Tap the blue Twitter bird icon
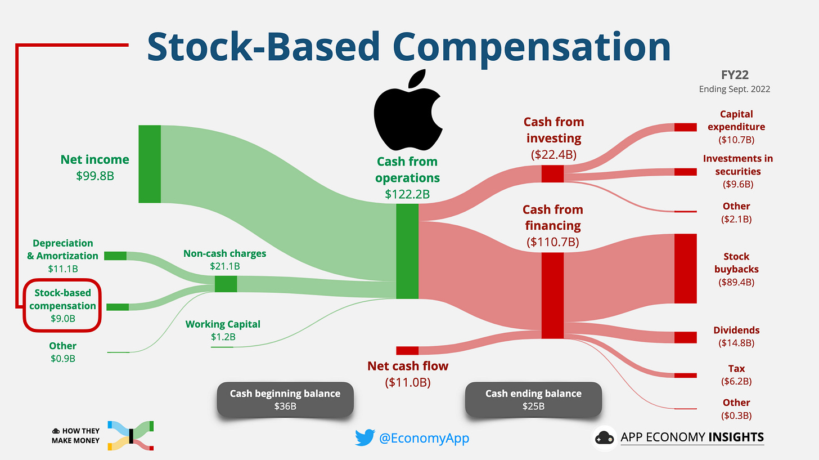(x=364, y=437)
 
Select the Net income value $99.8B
(x=95, y=175)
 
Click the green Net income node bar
(x=150, y=164)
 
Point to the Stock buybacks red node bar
(x=685, y=269)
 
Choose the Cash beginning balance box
(x=285, y=399)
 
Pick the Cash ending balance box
(x=533, y=399)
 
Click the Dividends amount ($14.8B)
(x=736, y=343)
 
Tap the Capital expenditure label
(x=736, y=120)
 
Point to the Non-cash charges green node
(x=226, y=284)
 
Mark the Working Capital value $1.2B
(x=223, y=337)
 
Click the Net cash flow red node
(x=407, y=351)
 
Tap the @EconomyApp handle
(x=424, y=438)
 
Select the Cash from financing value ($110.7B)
(x=552, y=243)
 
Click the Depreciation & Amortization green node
(x=115, y=256)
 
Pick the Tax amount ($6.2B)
(x=736, y=381)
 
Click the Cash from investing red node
(x=552, y=173)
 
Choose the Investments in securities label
(x=737, y=164)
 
